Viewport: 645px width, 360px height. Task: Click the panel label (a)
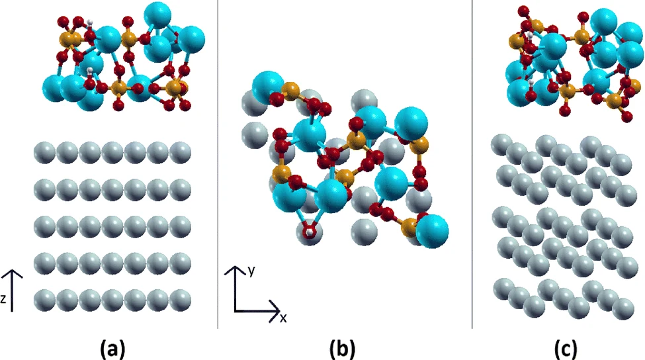pos(112,349)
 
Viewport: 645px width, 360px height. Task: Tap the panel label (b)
pos(342,349)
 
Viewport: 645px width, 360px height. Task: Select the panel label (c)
pos(566,349)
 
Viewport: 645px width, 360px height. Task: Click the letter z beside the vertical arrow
pos(3,299)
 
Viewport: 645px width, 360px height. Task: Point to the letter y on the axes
pos(251,271)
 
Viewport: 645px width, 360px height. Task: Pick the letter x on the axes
pos(283,318)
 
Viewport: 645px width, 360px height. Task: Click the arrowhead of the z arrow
pos(13,274)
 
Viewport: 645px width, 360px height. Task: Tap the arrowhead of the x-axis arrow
pos(275,310)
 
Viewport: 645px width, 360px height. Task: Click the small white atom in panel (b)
pos(310,233)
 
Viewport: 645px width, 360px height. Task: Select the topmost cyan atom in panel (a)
pos(157,15)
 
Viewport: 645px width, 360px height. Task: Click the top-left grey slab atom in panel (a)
pos(45,153)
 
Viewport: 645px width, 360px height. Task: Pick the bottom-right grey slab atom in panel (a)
pos(180,300)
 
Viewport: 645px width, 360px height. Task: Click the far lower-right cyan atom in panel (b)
pos(432,231)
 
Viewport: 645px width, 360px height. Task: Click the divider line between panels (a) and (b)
pos(218,164)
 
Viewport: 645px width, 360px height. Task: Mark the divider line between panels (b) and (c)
pos(472,164)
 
